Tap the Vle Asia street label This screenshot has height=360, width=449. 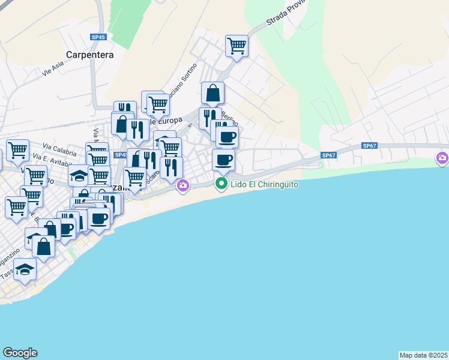[53, 70]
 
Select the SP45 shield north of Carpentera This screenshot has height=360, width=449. [98, 37]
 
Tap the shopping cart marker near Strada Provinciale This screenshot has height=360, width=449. [237, 46]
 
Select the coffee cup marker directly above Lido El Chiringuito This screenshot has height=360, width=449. [223, 160]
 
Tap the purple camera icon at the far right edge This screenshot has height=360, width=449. [442, 158]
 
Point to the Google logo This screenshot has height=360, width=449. [20, 353]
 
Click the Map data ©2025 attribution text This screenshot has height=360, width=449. [423, 355]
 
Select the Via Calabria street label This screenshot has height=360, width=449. [59, 151]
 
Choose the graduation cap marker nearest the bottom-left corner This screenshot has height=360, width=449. [25, 269]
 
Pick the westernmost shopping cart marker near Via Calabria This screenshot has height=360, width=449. [17, 149]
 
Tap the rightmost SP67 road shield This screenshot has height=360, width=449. [369, 146]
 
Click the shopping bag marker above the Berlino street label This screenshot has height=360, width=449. [212, 93]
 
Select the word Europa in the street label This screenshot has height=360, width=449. [169, 120]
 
